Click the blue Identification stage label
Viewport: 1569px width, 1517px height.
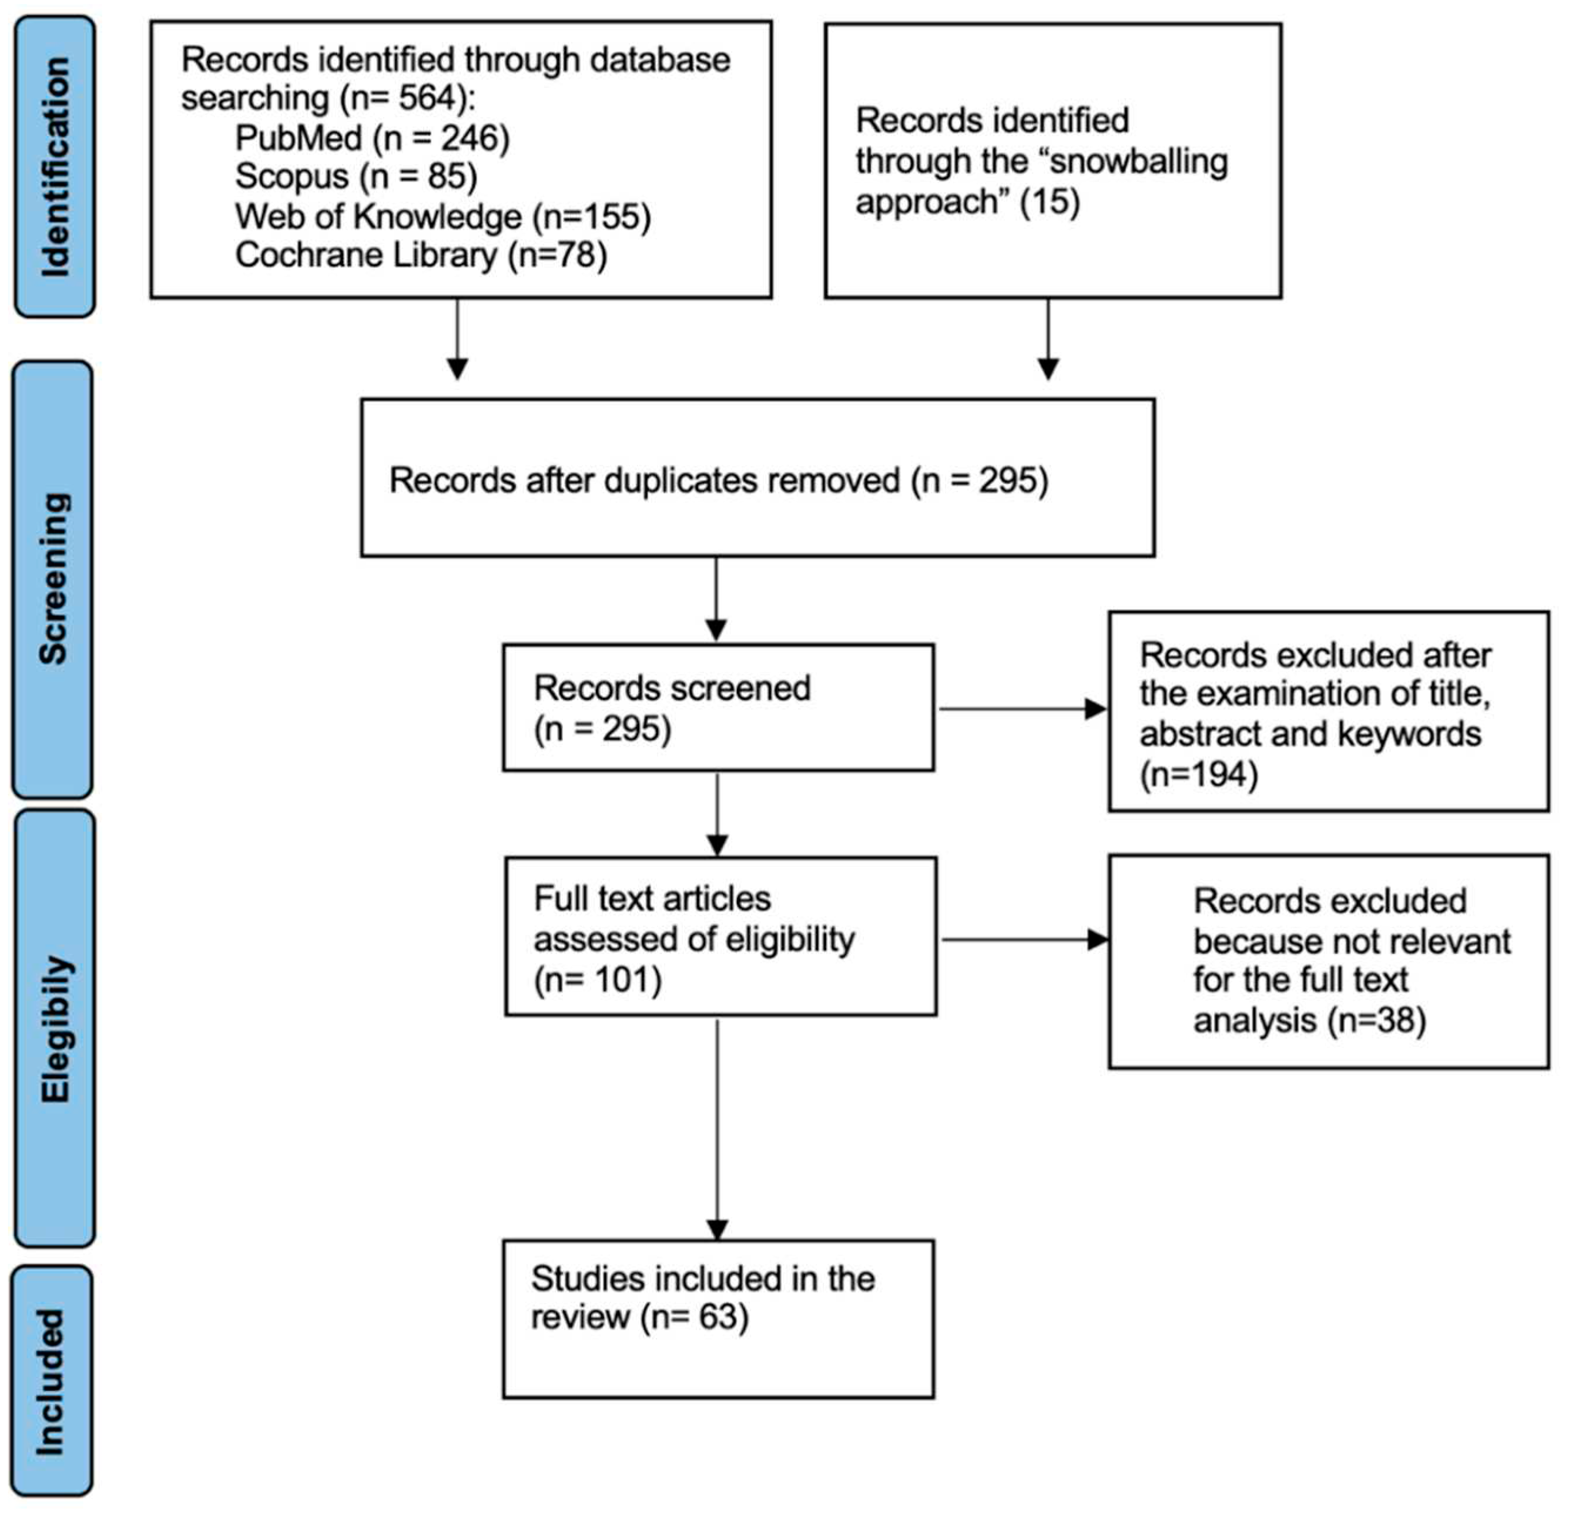[x=55, y=166]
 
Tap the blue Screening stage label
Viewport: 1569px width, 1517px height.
[x=53, y=579]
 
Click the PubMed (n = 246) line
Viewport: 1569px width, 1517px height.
[x=372, y=139]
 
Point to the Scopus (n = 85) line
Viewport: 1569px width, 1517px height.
[x=356, y=177]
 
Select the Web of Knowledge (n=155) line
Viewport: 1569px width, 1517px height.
[x=442, y=216]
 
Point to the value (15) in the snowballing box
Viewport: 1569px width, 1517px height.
[x=1050, y=201]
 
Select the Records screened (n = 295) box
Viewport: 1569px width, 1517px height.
[x=718, y=707]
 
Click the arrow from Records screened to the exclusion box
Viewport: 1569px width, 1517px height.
[x=1021, y=709]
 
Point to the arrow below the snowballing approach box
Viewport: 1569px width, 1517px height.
[x=1048, y=340]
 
